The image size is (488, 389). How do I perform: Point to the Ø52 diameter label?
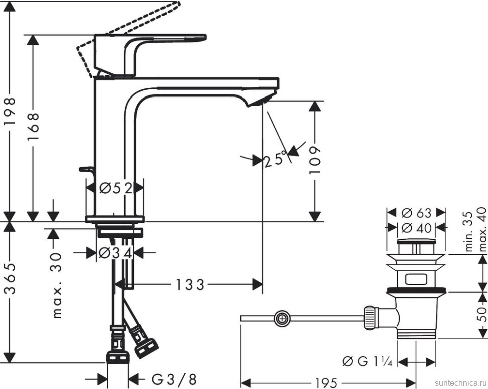click(x=115, y=188)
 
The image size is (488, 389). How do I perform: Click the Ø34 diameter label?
click(x=115, y=253)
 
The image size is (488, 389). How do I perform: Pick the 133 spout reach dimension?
click(x=190, y=285)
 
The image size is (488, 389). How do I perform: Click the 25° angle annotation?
click(x=276, y=158)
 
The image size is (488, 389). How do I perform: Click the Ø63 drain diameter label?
click(x=417, y=212)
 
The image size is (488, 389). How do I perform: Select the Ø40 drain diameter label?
click(x=417, y=228)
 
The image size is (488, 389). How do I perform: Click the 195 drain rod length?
click(x=327, y=382)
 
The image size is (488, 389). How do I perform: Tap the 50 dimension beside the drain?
click(x=482, y=314)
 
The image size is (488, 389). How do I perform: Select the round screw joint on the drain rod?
click(x=282, y=318)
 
